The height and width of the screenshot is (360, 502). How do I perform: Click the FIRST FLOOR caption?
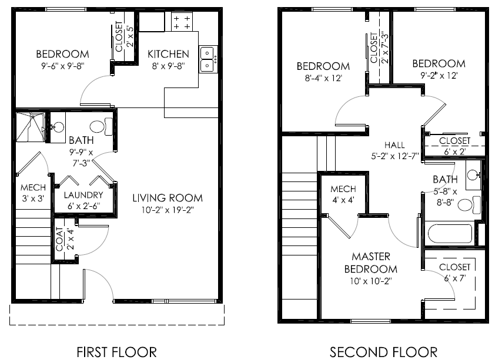tap(117, 352)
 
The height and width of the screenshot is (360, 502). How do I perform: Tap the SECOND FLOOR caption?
tap(383, 352)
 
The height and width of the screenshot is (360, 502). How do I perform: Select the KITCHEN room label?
tap(168, 53)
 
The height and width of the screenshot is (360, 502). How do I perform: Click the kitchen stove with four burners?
tap(181, 23)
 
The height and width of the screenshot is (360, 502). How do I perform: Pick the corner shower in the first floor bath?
tap(30, 127)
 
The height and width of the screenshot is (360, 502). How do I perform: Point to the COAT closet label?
tap(60, 240)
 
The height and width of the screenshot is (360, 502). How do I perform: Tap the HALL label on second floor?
tap(394, 145)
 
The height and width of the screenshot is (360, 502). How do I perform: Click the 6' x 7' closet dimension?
tap(454, 278)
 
